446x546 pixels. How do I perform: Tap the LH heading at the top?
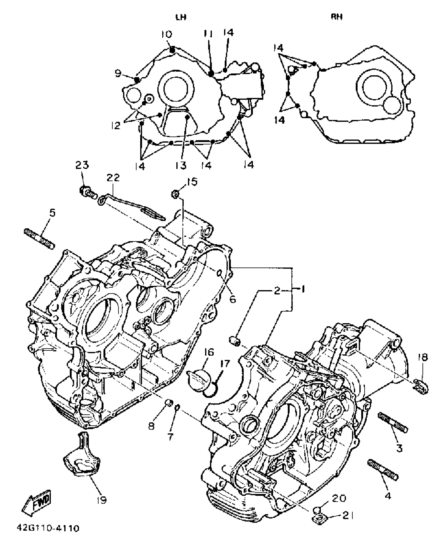(x=181, y=17)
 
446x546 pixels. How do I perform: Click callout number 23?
(x=82, y=165)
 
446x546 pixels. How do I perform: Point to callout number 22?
(x=113, y=178)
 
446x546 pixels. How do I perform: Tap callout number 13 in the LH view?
(x=181, y=165)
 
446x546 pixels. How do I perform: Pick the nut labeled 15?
(x=175, y=194)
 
